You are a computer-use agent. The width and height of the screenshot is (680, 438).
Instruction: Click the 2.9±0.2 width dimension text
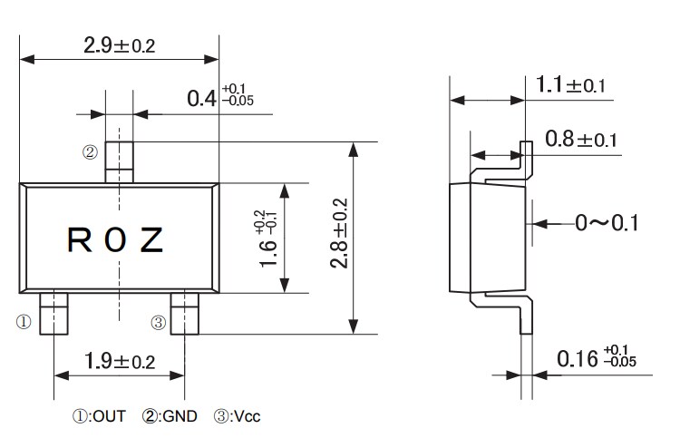pyautogui.click(x=118, y=44)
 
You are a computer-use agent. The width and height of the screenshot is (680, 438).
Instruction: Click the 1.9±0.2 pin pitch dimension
pyautogui.click(x=119, y=361)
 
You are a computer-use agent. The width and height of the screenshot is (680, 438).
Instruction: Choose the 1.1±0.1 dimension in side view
pyautogui.click(x=570, y=86)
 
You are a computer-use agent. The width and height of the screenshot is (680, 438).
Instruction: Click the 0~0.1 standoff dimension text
pyautogui.click(x=607, y=222)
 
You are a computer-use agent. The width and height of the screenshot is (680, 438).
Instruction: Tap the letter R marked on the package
pyautogui.click(x=79, y=239)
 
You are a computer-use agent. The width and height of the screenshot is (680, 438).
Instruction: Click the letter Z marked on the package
pyautogui.click(x=151, y=239)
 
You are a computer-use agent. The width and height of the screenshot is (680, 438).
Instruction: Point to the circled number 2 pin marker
pyautogui.click(x=90, y=152)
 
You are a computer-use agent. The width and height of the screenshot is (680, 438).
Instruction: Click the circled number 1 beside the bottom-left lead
pyautogui.click(x=24, y=321)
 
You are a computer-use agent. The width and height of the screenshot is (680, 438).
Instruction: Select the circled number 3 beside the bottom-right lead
pyautogui.click(x=158, y=321)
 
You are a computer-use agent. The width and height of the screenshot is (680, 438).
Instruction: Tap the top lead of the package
pyautogui.click(x=120, y=161)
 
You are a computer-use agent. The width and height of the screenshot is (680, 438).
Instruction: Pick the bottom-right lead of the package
pyautogui.click(x=186, y=314)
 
